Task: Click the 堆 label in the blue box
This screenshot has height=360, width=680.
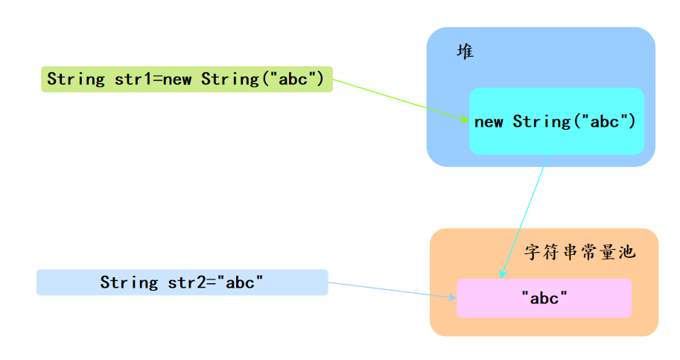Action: (465, 52)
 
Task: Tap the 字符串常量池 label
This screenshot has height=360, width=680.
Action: (579, 252)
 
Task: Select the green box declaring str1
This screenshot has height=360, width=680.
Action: (186, 79)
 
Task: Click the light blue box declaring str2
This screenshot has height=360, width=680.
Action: (182, 282)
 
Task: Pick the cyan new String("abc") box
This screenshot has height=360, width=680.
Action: (556, 121)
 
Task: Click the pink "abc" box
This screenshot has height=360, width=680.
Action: (544, 298)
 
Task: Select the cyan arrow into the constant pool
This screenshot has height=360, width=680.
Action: (524, 216)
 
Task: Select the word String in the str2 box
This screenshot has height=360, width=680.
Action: (129, 282)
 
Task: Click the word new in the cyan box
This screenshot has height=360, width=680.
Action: (489, 121)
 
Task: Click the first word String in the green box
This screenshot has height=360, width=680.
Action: (76, 79)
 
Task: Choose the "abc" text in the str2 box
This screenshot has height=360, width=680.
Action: (240, 282)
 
